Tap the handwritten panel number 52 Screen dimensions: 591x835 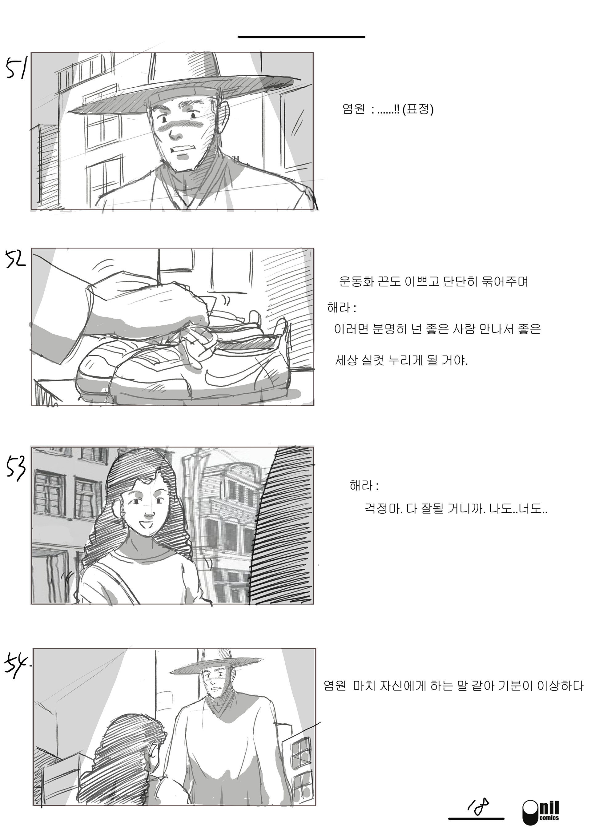[16, 259]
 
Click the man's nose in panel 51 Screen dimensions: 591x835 [176, 135]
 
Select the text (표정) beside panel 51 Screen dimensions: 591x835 [418, 109]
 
